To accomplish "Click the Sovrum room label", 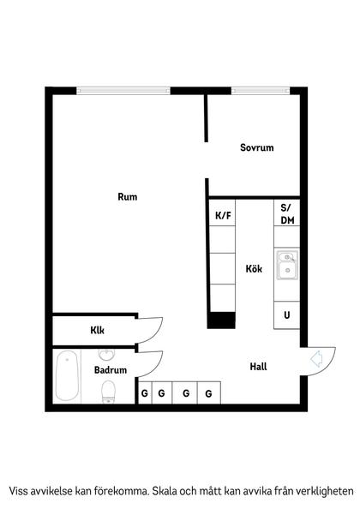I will (256, 148).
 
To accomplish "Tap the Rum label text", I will (128, 197).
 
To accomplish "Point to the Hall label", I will (258, 367).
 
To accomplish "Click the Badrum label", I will (111, 370).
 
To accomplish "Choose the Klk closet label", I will (98, 330).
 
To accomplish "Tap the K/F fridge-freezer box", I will (223, 215).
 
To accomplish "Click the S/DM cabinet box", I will (286, 214).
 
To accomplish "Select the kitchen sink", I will (286, 264).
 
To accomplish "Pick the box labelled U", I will (286, 315).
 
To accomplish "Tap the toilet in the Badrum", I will (109, 392).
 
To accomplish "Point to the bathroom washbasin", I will (107, 355).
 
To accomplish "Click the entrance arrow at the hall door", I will (315, 358).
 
